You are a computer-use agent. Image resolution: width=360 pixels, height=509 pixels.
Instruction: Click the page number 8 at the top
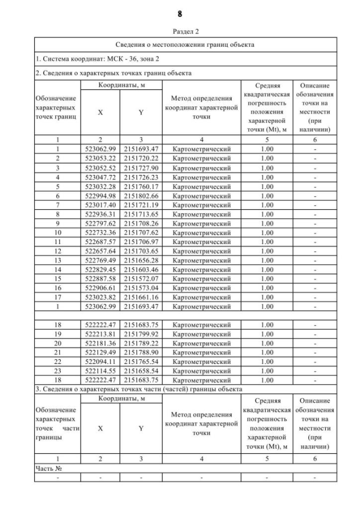click(179, 13)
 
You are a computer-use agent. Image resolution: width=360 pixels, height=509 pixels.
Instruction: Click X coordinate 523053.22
click(100, 158)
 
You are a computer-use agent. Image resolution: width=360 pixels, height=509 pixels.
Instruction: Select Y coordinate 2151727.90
click(141, 168)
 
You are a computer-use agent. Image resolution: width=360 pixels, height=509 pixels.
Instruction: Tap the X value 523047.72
click(100, 177)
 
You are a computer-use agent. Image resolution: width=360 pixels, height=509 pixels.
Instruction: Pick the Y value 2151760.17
click(141, 186)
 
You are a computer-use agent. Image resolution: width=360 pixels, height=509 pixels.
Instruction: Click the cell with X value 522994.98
click(100, 195)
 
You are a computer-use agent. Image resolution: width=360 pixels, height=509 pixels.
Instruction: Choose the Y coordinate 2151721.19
click(141, 205)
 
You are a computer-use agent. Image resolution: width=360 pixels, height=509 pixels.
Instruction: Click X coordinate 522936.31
click(100, 214)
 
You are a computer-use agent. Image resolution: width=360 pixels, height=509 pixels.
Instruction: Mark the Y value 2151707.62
click(141, 232)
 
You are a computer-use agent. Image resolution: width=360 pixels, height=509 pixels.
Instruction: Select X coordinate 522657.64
click(100, 251)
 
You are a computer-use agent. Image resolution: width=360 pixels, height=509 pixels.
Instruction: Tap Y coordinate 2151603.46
click(141, 269)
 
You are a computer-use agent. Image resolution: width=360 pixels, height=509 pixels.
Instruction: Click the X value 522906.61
click(100, 288)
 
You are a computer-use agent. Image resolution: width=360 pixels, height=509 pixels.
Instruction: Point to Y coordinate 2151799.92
click(141, 334)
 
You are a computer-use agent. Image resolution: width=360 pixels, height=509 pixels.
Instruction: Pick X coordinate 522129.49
click(100, 353)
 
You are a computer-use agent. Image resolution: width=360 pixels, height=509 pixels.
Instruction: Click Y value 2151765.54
click(141, 362)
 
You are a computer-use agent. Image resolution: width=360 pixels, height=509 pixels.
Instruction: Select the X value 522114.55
click(100, 371)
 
